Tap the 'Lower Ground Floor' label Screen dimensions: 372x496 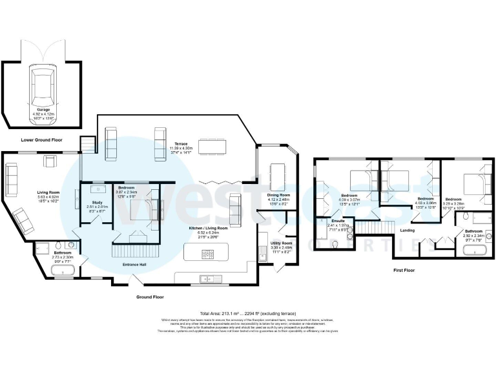42,139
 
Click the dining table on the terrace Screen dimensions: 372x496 212,147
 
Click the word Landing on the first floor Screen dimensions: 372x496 408,230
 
